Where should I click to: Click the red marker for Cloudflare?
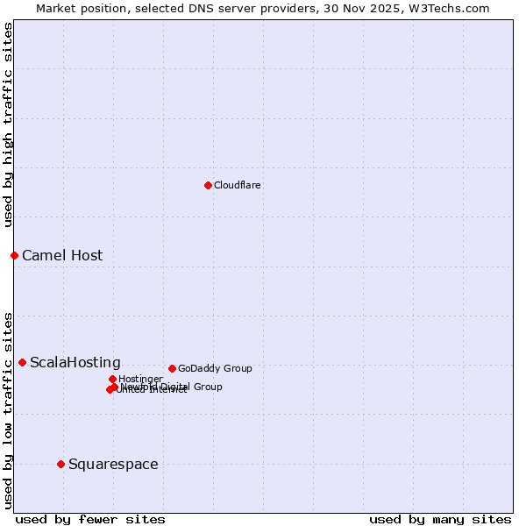point(208,185)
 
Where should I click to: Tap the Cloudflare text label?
point(237,185)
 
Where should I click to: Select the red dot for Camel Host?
point(14,255)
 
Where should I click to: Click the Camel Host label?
point(62,256)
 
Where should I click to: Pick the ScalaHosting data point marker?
point(22,362)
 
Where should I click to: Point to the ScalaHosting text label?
point(75,363)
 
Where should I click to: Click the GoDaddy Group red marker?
point(172,368)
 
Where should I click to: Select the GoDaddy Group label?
point(215,368)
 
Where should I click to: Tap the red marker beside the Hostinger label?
point(112,379)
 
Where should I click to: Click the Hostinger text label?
point(140,379)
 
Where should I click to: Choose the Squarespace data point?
point(60,464)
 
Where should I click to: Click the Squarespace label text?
point(113,465)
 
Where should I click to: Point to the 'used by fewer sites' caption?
point(90,519)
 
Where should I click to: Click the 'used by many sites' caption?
point(440,519)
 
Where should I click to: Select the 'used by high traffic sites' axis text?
point(8,124)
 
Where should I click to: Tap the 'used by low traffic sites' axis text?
point(8,410)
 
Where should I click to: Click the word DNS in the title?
point(198,8)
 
